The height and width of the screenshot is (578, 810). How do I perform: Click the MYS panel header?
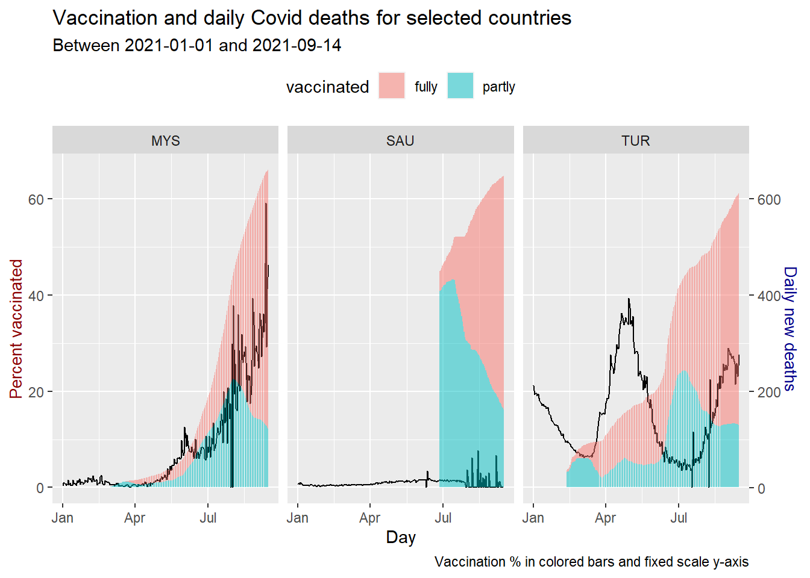pyautogui.click(x=165, y=141)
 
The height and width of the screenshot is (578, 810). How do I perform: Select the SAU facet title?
pyautogui.click(x=400, y=141)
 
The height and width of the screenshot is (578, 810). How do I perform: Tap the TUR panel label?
pyautogui.click(x=635, y=141)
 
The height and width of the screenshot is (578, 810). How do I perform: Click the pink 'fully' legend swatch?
pyautogui.click(x=392, y=85)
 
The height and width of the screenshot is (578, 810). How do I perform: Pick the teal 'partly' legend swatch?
pyautogui.click(x=460, y=85)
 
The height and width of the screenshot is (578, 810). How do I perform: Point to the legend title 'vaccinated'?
pyautogui.click(x=327, y=87)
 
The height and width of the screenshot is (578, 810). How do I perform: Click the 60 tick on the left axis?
pyautogui.click(x=36, y=199)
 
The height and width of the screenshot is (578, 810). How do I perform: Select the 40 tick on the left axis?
pyautogui.click(x=36, y=296)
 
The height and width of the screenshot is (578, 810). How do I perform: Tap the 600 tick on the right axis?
pyautogui.click(x=768, y=200)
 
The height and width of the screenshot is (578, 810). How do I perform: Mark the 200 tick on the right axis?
pyautogui.click(x=768, y=392)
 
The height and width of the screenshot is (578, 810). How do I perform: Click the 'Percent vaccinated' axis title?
pyautogui.click(x=16, y=329)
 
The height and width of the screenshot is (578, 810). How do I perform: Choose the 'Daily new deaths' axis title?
pyautogui.click(x=790, y=329)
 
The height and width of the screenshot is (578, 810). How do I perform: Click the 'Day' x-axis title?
pyautogui.click(x=401, y=537)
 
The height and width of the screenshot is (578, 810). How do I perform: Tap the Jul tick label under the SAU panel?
pyautogui.click(x=443, y=518)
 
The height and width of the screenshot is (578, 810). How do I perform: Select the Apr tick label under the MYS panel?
pyautogui.click(x=135, y=518)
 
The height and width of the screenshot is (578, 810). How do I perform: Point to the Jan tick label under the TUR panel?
pyautogui.click(x=533, y=518)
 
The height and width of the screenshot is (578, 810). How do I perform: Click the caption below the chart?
pyautogui.click(x=591, y=562)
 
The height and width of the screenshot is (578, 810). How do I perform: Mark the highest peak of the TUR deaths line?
pyautogui.click(x=629, y=299)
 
